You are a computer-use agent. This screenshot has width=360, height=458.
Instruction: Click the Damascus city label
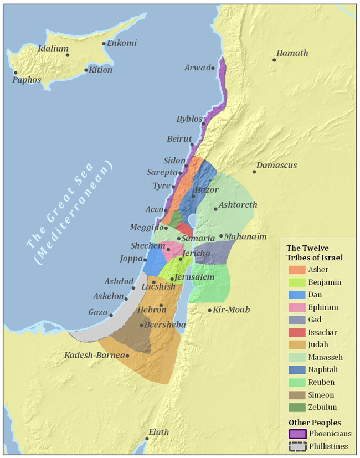(x=277, y=166)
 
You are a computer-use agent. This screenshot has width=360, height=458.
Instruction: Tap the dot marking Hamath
(x=274, y=60)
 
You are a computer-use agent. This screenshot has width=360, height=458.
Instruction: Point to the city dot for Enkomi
(x=104, y=44)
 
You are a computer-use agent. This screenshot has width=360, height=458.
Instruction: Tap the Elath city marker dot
(x=147, y=439)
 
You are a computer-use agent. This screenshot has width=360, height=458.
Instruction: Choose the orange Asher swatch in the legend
(x=297, y=270)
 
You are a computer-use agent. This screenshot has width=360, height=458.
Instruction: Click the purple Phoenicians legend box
(x=297, y=434)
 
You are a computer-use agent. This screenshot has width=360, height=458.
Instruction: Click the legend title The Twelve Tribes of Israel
(x=315, y=253)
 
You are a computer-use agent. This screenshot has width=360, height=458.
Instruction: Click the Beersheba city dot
(x=141, y=326)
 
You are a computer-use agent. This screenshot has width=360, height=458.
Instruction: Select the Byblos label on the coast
(x=189, y=119)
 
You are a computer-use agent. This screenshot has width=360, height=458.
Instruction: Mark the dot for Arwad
(x=213, y=68)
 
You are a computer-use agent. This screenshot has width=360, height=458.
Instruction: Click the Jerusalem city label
(x=195, y=277)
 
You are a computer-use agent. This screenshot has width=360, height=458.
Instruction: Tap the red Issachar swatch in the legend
(x=297, y=332)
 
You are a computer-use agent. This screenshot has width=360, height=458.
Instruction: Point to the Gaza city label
(x=97, y=312)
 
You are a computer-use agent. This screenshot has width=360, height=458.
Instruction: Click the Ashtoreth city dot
(x=215, y=209)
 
